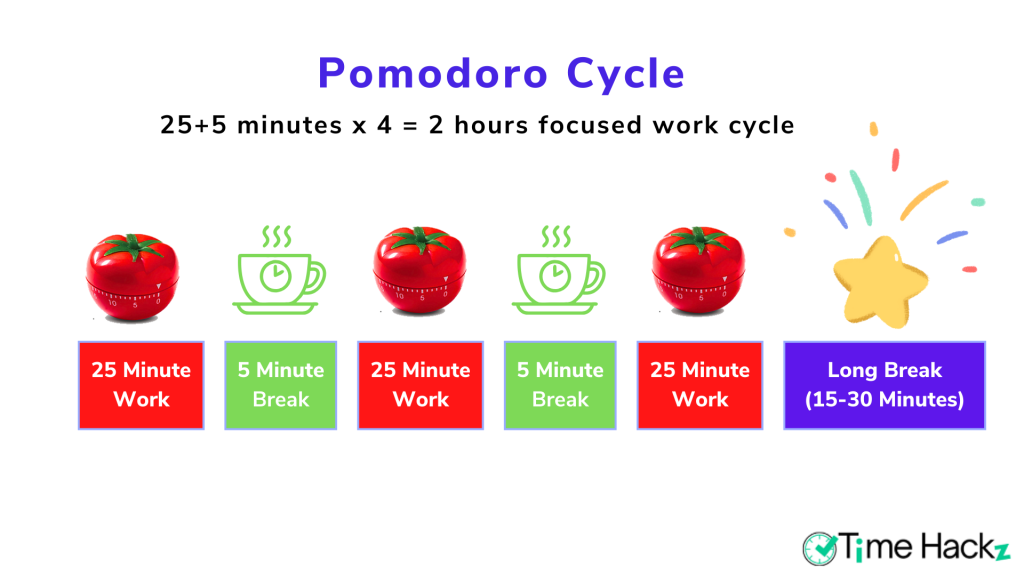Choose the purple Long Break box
(884, 385)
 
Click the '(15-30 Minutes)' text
(884, 400)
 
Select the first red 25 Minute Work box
(141, 385)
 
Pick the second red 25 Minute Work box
(420, 385)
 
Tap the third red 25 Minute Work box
(700, 385)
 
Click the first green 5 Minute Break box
(281, 385)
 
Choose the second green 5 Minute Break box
(560, 385)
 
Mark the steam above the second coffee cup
(552, 237)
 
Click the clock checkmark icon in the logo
(820, 547)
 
